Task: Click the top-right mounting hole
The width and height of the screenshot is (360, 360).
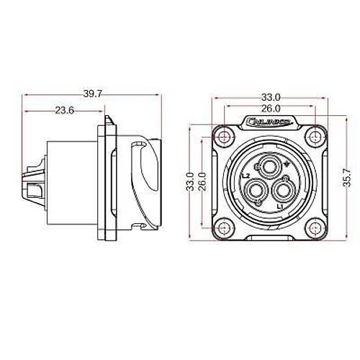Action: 315,137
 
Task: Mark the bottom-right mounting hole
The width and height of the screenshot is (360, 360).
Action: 315,227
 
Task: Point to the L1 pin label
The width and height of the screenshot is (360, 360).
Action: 281,206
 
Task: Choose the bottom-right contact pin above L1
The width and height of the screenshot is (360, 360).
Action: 282,192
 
